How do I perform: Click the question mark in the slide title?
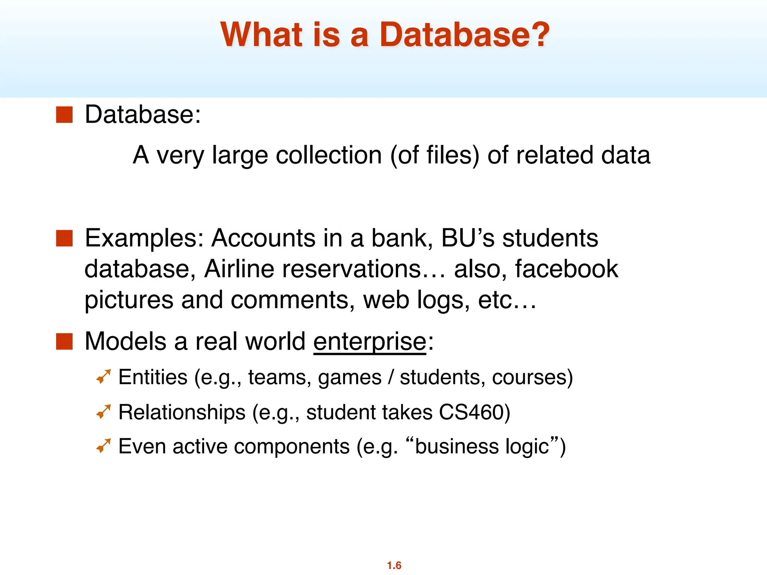(x=537, y=34)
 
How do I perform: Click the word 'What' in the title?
(x=261, y=34)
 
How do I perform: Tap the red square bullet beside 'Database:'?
(x=64, y=115)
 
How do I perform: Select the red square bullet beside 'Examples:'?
(x=64, y=238)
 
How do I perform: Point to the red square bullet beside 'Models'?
(x=64, y=341)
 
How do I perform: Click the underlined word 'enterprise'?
(x=370, y=341)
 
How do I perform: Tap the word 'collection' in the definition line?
(x=328, y=155)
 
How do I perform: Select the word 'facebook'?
(x=566, y=269)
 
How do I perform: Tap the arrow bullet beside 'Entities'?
(x=103, y=377)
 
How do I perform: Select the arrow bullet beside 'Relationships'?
(x=103, y=412)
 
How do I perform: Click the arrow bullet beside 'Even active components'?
(x=103, y=445)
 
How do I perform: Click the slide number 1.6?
(x=394, y=565)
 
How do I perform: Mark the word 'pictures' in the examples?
(x=129, y=300)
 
